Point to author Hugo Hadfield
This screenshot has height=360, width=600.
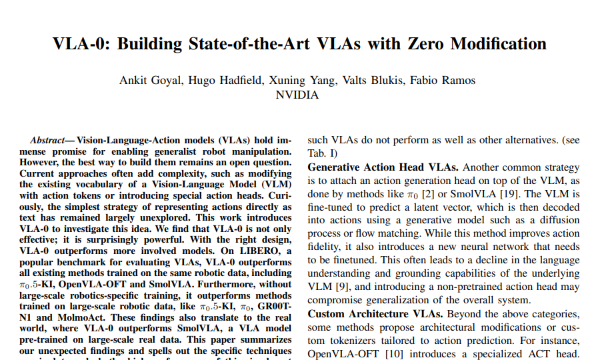(x=223, y=81)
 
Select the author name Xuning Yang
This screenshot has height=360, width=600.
(x=299, y=81)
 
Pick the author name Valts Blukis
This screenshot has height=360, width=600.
(x=371, y=81)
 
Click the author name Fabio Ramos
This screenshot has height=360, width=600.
(x=444, y=81)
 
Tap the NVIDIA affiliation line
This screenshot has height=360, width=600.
(x=297, y=95)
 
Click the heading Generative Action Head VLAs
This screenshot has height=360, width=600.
(x=383, y=167)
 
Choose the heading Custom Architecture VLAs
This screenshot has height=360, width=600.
(x=376, y=314)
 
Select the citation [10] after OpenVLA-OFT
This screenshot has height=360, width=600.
(x=395, y=354)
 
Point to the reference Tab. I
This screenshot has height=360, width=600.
(x=320, y=154)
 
